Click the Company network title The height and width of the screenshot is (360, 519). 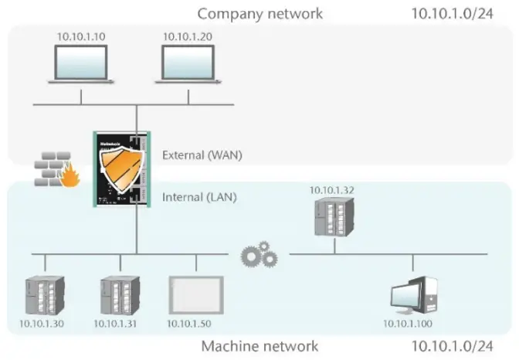pos(260,14)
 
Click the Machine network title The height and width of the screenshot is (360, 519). pos(259,346)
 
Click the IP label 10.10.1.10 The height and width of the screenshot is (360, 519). pos(81,36)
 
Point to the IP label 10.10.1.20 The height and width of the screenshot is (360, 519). pos(188,36)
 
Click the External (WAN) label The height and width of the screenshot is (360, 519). pos(202,155)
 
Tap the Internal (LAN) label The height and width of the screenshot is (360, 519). pos(199,198)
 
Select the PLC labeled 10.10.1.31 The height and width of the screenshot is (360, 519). pos(119,294)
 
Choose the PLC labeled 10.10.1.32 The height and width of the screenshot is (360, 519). pos(334,216)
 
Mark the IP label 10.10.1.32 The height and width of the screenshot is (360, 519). pos(332,189)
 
